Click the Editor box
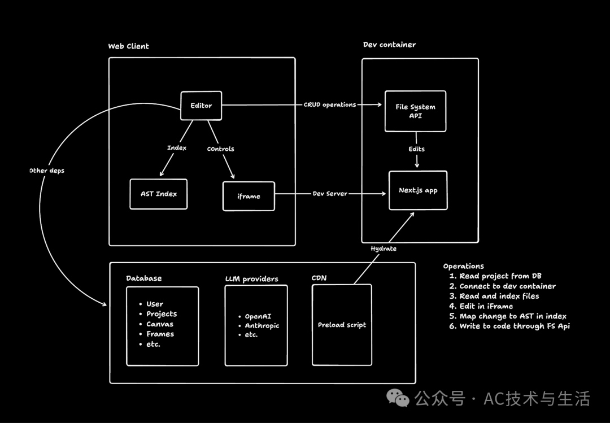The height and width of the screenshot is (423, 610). (x=201, y=106)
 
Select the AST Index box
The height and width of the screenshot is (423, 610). (x=159, y=194)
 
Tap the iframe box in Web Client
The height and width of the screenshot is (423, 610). (x=249, y=196)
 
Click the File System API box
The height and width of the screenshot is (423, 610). (x=415, y=111)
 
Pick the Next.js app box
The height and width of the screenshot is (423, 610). (x=418, y=190)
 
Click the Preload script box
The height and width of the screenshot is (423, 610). (x=342, y=325)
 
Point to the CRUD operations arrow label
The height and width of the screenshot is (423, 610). (x=330, y=104)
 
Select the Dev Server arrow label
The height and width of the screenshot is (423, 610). (x=330, y=194)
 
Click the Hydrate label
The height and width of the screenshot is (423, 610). (x=384, y=248)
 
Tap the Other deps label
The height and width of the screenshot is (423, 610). (x=47, y=171)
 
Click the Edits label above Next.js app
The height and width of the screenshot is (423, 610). (x=417, y=149)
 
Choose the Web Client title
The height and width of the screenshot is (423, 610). (x=129, y=46)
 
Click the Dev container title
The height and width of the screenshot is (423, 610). (x=389, y=45)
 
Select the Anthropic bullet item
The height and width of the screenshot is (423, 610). (x=262, y=325)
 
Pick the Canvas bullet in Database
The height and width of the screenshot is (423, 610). (x=160, y=324)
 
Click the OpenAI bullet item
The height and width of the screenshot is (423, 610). (x=258, y=316)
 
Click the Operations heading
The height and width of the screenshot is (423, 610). (x=463, y=266)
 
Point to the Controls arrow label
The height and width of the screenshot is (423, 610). (x=220, y=149)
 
